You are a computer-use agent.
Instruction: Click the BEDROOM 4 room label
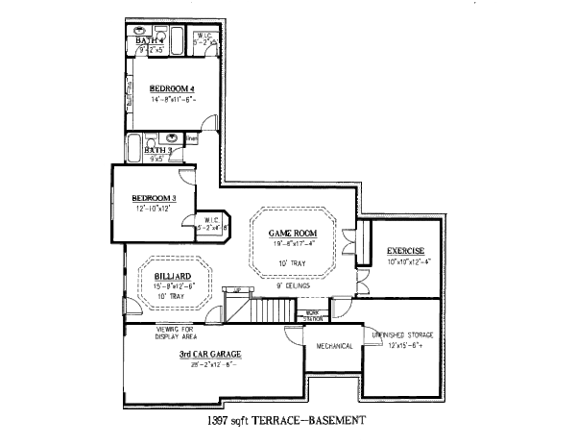tap(172, 89)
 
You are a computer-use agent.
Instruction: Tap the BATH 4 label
tap(149, 40)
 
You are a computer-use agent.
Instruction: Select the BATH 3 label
tap(156, 151)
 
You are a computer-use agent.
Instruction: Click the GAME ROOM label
tap(292, 232)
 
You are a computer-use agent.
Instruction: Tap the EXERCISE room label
tap(406, 251)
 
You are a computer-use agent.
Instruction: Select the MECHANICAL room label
tap(331, 346)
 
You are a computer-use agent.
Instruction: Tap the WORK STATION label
tap(312, 315)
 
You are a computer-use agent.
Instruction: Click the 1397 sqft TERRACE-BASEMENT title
tap(287, 421)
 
